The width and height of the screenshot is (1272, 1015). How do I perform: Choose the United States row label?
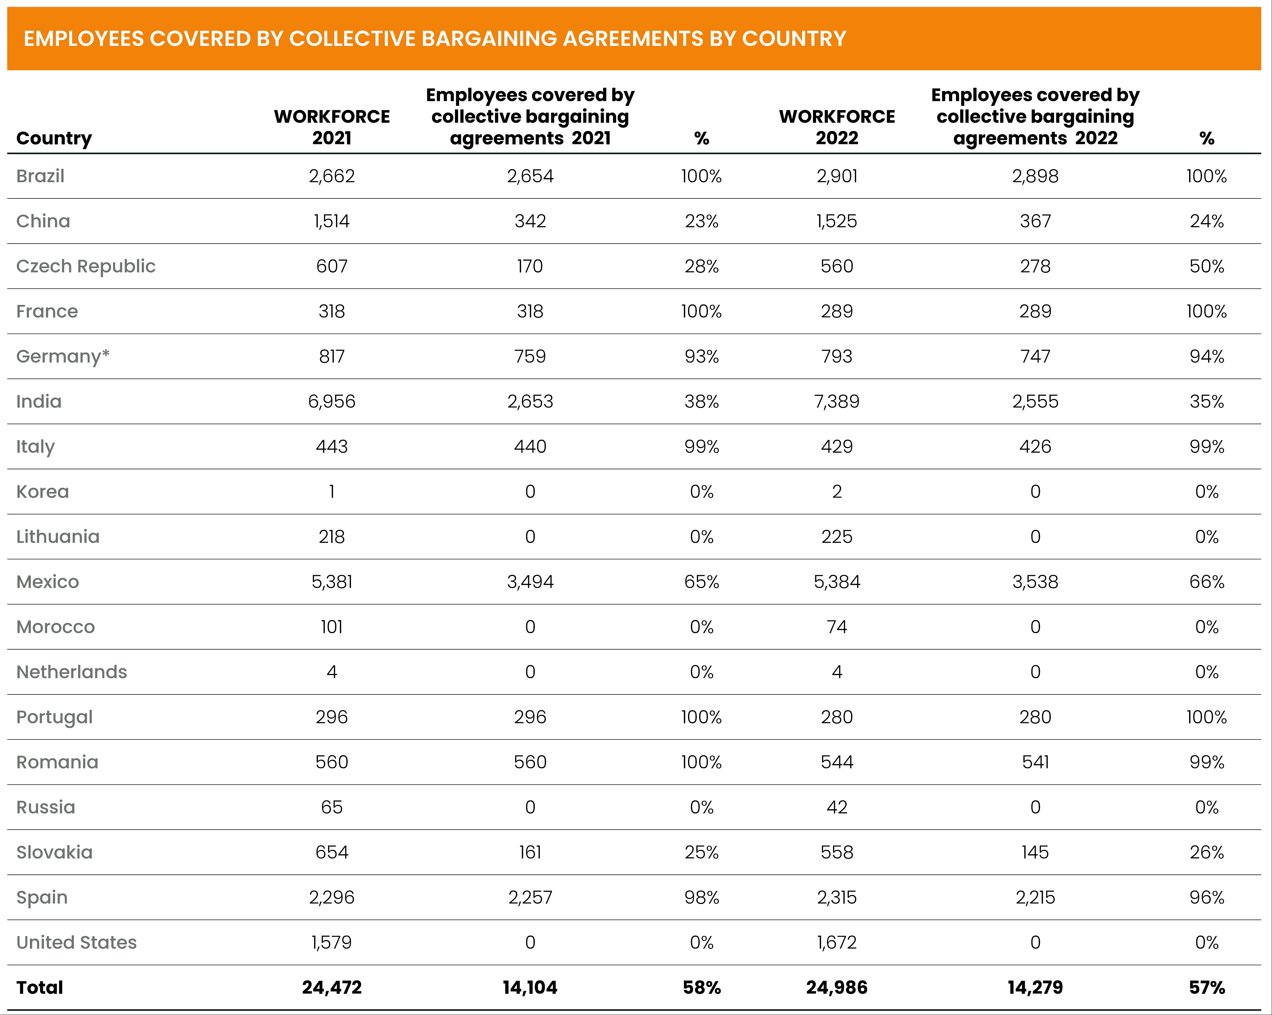(x=77, y=942)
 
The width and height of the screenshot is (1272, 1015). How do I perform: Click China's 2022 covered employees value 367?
(x=1035, y=221)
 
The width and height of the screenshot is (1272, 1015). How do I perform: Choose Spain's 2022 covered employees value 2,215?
(x=1035, y=898)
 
